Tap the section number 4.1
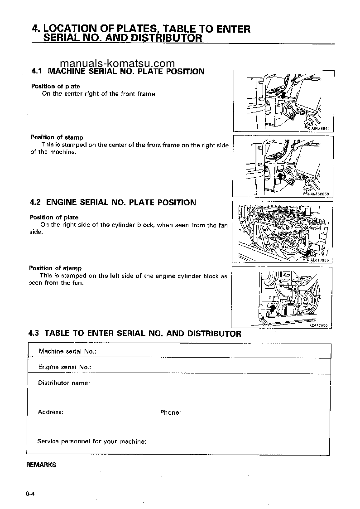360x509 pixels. click(36, 71)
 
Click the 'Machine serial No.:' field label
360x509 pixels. click(67, 351)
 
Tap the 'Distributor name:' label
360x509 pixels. click(63, 383)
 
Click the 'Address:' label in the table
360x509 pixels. click(50, 412)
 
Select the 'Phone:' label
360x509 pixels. click(170, 412)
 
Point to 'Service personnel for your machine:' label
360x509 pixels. click(91, 441)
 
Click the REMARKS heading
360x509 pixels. click(41, 465)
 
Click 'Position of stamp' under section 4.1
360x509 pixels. click(57, 137)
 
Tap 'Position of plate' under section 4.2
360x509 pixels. click(54, 217)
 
